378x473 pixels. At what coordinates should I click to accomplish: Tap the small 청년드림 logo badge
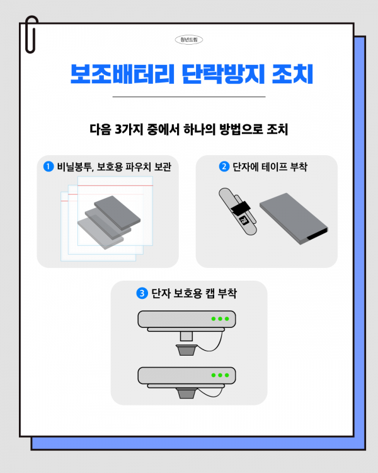(189, 39)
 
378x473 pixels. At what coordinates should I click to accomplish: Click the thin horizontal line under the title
(189, 96)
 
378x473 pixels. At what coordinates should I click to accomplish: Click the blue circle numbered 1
(48, 166)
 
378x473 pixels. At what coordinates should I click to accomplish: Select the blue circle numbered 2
(223, 166)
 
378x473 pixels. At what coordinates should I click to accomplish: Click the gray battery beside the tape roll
(293, 218)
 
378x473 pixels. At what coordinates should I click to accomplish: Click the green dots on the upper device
(220, 318)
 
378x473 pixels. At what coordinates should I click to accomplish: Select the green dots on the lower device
(220, 375)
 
